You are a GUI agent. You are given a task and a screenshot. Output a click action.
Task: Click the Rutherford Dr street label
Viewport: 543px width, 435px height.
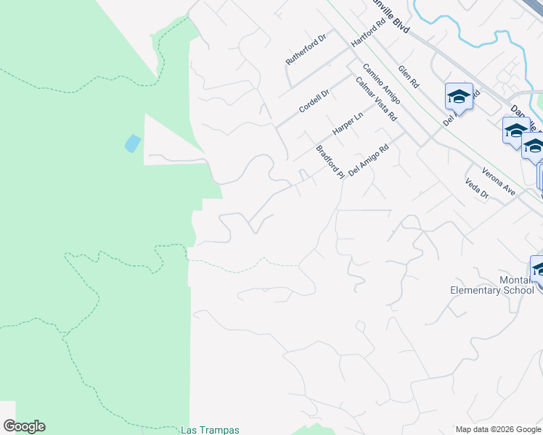307,49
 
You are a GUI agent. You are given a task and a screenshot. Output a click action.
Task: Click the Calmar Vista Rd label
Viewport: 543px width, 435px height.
377,99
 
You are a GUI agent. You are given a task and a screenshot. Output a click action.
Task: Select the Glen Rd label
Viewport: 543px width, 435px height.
409,77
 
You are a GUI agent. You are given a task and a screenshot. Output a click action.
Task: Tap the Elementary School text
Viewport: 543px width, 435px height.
492,290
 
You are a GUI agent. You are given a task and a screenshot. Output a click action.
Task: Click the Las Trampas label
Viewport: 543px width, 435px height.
210,430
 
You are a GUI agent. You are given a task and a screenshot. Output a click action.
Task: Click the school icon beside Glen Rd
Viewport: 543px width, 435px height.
459,97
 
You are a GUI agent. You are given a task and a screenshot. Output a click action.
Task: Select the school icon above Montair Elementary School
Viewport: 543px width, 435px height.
539,269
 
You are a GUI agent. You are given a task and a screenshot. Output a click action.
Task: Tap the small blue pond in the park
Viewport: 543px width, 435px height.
133,143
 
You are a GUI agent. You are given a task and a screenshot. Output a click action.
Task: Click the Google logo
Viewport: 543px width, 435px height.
24,426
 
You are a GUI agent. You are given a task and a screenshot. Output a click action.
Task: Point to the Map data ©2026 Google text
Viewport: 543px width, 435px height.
498,429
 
